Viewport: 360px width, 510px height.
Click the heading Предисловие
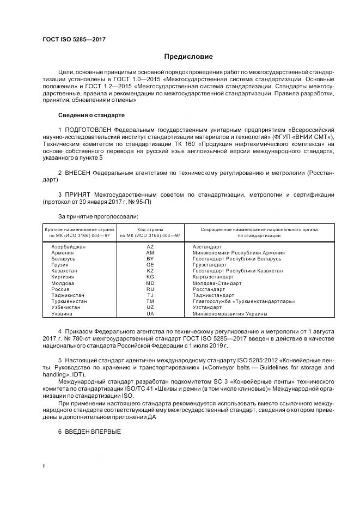click(x=188, y=57)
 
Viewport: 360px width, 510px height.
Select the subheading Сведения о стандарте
click(x=91, y=116)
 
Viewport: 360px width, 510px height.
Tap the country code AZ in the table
click(x=150, y=247)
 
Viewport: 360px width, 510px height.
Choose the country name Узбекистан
click(x=65, y=307)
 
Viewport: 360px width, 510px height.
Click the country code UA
click(x=150, y=313)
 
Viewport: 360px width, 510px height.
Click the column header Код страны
click(x=150, y=229)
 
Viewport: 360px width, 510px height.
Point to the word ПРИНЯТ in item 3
click(x=78, y=194)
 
